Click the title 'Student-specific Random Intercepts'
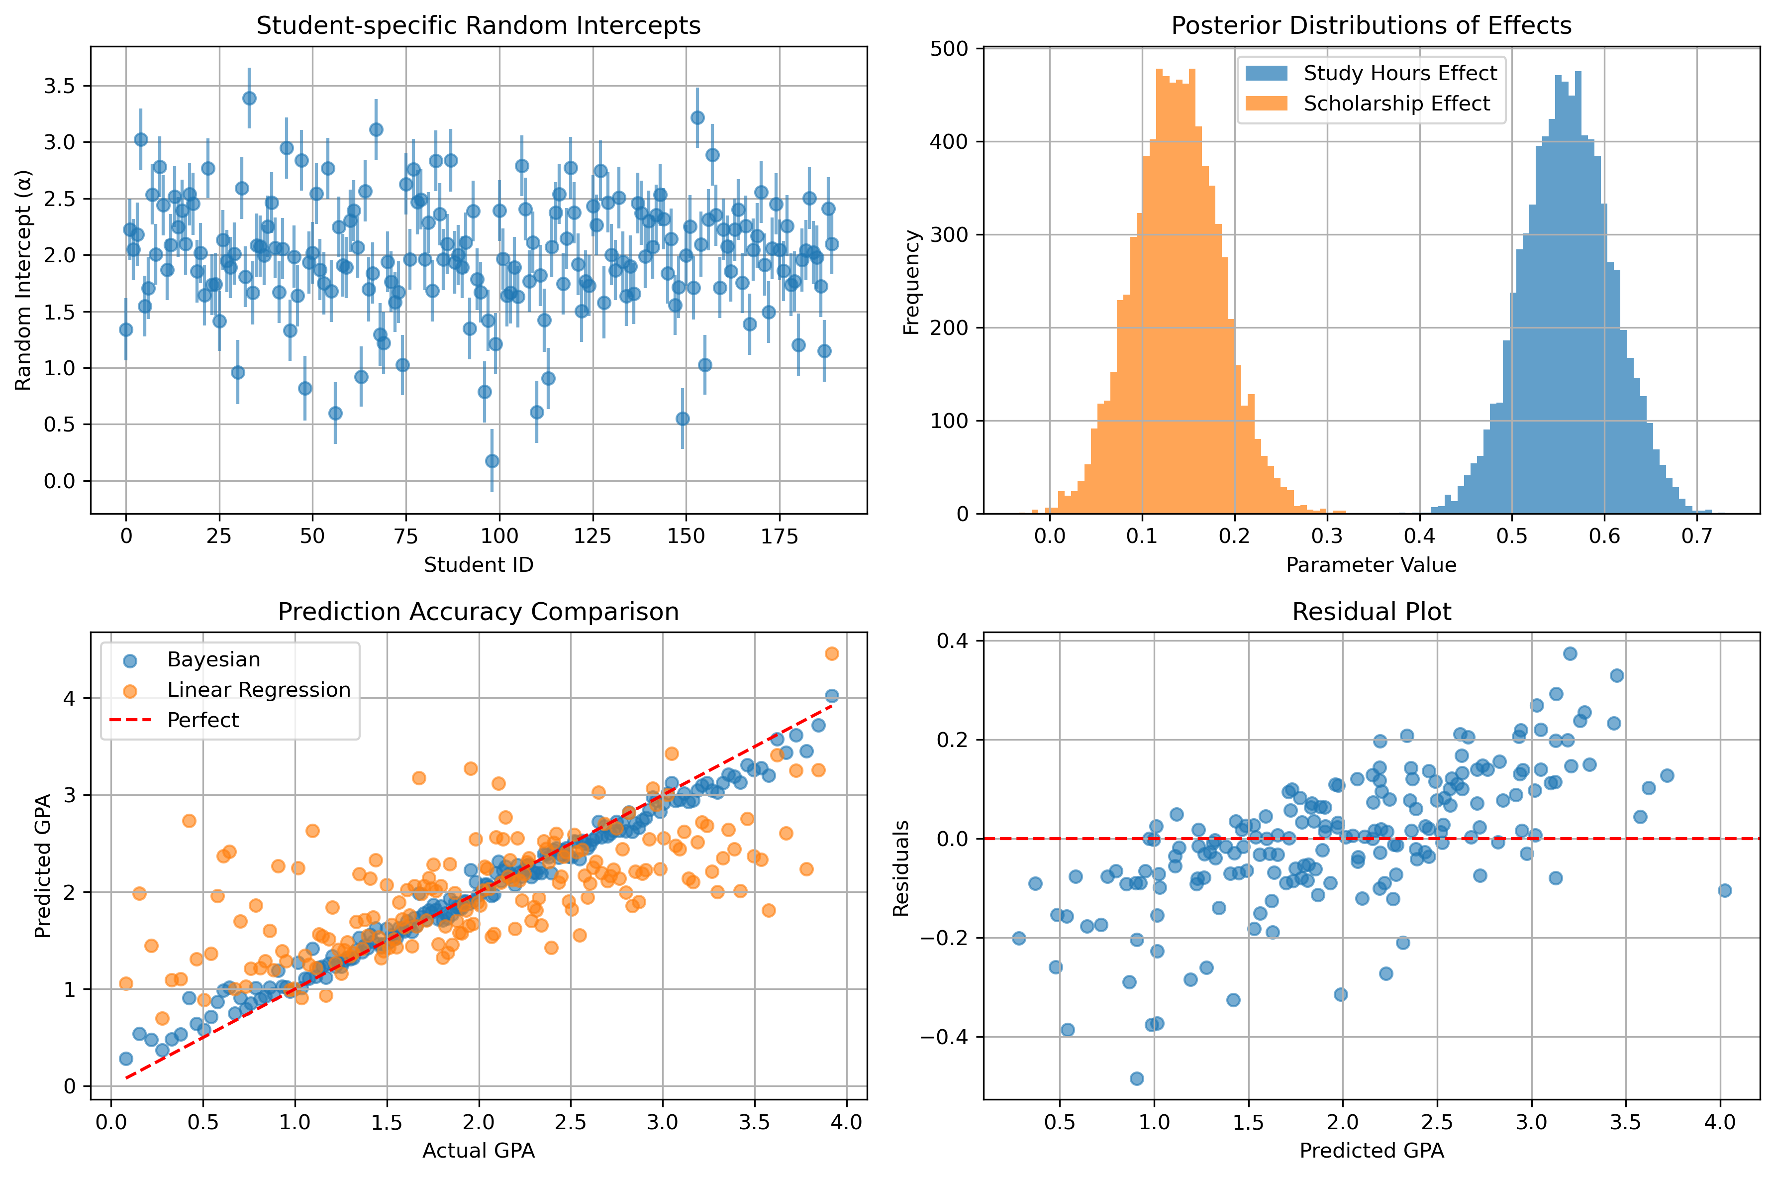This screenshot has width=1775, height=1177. click(x=479, y=25)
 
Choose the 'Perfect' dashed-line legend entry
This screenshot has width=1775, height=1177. click(x=202, y=720)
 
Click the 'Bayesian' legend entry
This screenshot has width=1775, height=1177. click(x=214, y=660)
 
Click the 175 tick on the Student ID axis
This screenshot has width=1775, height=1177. click(x=780, y=536)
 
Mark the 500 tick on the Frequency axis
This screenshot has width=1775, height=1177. click(x=953, y=49)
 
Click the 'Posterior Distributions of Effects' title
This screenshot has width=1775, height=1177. click(x=1372, y=25)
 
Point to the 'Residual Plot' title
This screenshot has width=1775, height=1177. click(x=1372, y=612)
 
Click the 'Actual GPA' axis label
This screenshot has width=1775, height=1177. click(x=479, y=1151)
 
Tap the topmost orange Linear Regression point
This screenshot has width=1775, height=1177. click(x=831, y=654)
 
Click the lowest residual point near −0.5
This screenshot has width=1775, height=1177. click(x=1137, y=1078)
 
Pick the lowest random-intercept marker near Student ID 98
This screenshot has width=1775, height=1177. click(x=492, y=461)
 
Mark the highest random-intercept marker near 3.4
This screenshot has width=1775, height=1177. click(x=249, y=99)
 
